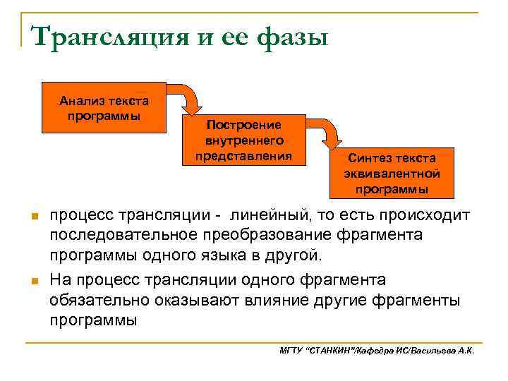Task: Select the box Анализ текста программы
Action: click(x=104, y=108)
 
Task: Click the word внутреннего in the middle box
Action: click(x=243, y=140)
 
